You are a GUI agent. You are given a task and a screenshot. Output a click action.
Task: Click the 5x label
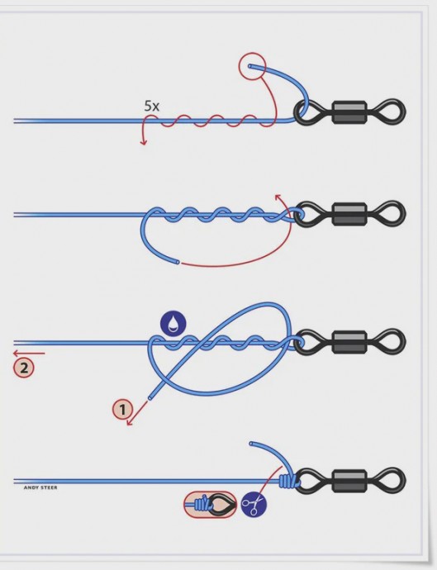point(152,106)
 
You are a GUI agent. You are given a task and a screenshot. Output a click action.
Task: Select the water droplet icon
point(173,323)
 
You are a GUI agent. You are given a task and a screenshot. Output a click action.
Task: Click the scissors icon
point(254,504)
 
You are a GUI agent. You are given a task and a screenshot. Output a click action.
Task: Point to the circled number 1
point(122,409)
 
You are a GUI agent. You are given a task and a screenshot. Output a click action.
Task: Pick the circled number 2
point(24,368)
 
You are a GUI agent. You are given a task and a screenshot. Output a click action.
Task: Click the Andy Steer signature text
point(40,487)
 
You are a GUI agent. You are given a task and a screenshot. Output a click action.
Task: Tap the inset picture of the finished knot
point(210,505)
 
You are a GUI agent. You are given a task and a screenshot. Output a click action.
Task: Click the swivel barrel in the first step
point(349,112)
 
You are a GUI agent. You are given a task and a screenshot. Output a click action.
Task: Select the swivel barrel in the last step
point(349,481)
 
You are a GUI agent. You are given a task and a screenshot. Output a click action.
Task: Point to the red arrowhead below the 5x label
point(144,142)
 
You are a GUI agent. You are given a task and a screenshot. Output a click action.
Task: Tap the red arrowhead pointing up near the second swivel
point(278,197)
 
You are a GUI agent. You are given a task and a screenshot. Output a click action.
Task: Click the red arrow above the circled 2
point(29,353)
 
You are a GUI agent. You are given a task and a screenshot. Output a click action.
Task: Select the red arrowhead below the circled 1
point(130,421)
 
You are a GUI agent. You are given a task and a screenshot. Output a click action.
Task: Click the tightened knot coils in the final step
point(289,481)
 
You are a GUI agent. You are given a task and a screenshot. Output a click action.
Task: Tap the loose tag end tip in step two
point(178,261)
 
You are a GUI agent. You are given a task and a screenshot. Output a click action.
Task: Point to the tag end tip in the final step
point(251,444)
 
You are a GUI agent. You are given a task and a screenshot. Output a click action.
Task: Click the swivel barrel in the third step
point(349,342)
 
